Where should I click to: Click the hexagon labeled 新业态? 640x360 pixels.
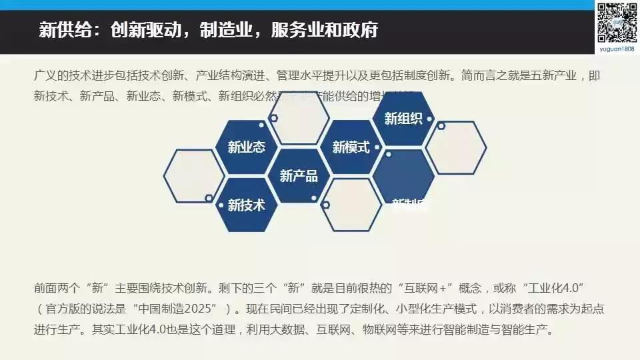click(x=246, y=147)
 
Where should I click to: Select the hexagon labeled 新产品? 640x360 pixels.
click(x=299, y=176)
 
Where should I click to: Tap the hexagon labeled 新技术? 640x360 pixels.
click(x=246, y=205)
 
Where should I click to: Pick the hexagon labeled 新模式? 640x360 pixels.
click(x=351, y=147)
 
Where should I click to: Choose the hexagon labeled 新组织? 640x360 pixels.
click(x=403, y=119)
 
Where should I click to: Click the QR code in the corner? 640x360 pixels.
click(x=617, y=22)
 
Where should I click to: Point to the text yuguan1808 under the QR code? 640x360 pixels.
click(x=617, y=49)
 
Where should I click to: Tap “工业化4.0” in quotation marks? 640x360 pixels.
click(x=553, y=288)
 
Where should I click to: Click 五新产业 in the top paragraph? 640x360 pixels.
click(x=553, y=75)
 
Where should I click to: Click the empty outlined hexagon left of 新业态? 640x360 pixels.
click(x=193, y=176)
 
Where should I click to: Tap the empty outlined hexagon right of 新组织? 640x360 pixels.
click(x=456, y=147)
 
